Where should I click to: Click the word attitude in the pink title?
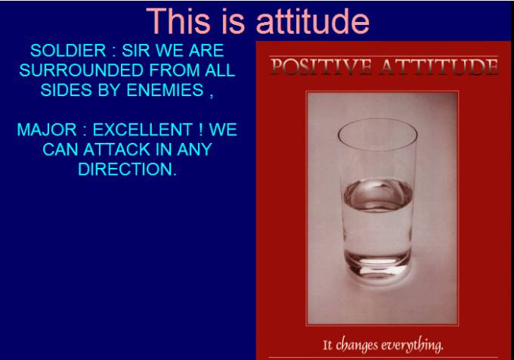(x=312, y=21)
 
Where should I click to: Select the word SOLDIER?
(x=68, y=51)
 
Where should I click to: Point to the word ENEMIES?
(x=165, y=90)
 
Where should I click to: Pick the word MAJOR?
(x=47, y=129)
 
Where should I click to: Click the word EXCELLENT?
(x=142, y=129)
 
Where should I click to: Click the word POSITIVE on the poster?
(x=321, y=67)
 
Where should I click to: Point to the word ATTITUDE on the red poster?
(x=438, y=67)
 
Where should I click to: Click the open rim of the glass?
(x=377, y=149)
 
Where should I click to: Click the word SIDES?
(x=67, y=90)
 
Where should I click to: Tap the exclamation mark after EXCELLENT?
(x=200, y=129)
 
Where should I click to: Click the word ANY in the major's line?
(x=194, y=150)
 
